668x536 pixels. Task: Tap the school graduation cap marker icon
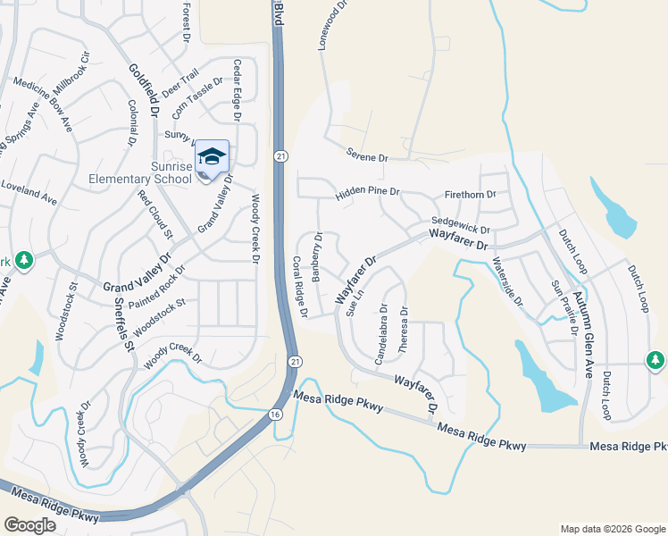click(x=212, y=156)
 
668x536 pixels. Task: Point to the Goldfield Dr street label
click(x=142, y=91)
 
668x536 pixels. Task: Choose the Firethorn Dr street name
click(x=470, y=195)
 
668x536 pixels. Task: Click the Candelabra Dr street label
click(x=382, y=335)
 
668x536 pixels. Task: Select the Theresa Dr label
click(x=405, y=330)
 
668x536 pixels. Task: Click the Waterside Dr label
click(x=508, y=282)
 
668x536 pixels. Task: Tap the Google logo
click(x=30, y=525)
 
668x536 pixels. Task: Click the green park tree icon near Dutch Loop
click(x=655, y=359)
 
